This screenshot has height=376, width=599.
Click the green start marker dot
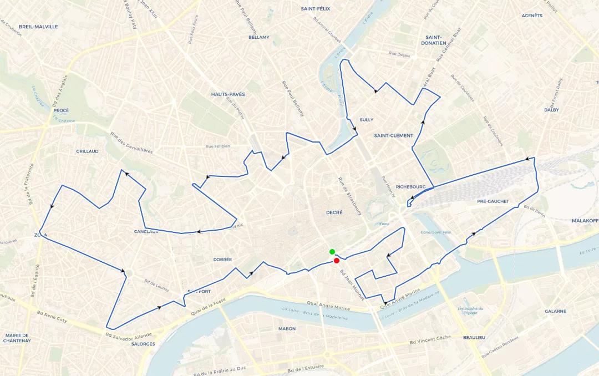pos(332,252)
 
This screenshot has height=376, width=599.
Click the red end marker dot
pos(337,261)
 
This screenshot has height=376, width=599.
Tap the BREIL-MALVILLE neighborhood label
pos(38,27)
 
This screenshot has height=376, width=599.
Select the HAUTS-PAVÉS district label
pos(228,94)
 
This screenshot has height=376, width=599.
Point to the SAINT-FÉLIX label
pos(316,9)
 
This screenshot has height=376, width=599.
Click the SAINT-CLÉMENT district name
pos(394,135)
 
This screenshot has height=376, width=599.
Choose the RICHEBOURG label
pos(410,187)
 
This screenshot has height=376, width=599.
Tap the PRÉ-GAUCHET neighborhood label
pos(493,201)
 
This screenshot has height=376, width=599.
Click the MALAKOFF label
pos(585,221)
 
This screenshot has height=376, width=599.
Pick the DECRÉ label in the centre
pos(334,212)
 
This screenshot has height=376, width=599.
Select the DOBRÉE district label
pos(222,260)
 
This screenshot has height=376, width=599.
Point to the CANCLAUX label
pos(146,231)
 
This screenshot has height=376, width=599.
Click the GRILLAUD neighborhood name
pos(87,151)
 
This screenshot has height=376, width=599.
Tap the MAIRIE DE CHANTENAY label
pos(18,338)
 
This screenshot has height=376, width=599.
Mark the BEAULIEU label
pos(474,338)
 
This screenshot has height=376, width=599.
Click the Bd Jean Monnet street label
pos(352,285)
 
